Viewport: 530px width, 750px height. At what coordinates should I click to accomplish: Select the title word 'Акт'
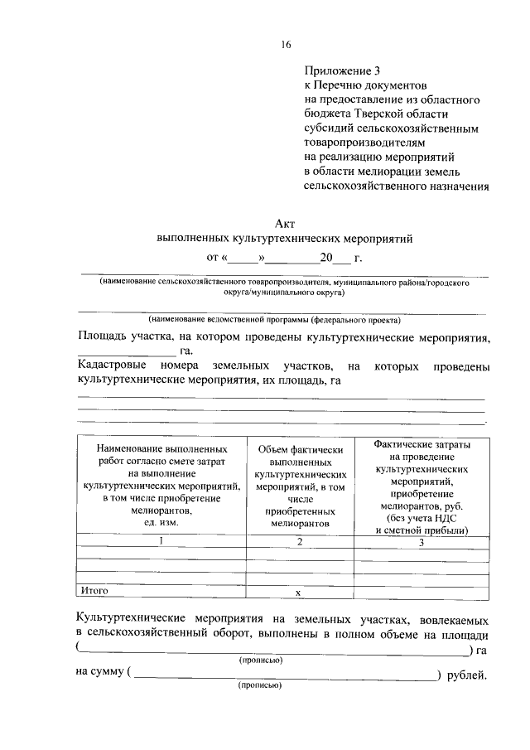point(285,222)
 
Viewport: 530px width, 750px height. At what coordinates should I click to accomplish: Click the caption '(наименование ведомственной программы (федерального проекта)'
point(274,319)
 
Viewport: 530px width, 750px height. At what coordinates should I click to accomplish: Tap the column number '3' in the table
point(421,543)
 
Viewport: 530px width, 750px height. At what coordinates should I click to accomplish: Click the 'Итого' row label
point(94,590)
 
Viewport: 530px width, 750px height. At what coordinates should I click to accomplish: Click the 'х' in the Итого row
point(300,592)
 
